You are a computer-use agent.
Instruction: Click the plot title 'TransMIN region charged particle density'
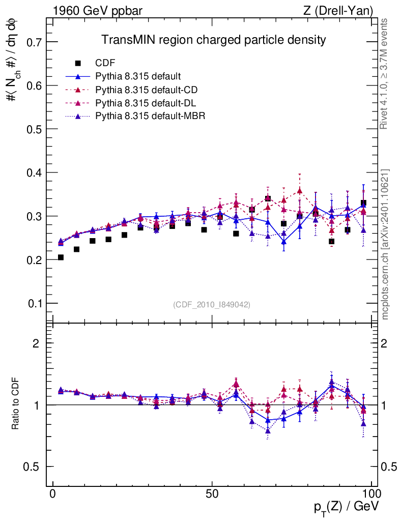pos(213,40)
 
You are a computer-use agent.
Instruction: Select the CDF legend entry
pos(105,63)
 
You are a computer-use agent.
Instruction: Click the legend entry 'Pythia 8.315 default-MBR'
pos(150,116)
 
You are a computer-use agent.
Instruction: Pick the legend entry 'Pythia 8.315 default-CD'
pos(147,90)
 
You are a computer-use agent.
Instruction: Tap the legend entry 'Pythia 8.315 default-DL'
pos(146,103)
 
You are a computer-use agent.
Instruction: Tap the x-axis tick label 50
pos(212,494)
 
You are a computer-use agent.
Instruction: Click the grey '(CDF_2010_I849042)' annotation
pos(212,304)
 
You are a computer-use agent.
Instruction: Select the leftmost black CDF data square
pos(61,257)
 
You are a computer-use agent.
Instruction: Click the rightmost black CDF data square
pos(363,203)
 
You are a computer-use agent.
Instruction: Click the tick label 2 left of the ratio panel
pos(36,343)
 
